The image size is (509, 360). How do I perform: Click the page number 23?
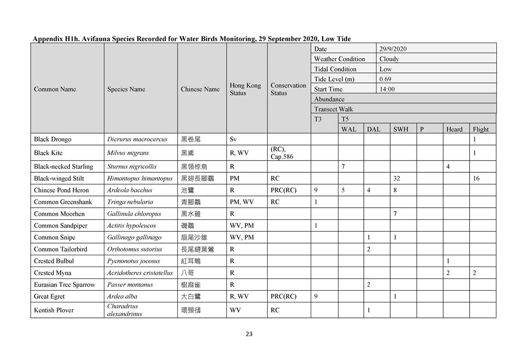(249, 334)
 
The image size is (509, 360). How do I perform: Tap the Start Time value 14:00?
(387, 89)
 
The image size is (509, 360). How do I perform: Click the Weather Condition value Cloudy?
(389, 59)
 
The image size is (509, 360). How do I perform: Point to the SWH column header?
(401, 129)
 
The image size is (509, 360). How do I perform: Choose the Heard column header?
(454, 129)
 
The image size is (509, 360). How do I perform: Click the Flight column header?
(481, 129)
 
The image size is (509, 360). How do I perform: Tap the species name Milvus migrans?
(128, 153)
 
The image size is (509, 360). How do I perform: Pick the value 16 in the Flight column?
(476, 178)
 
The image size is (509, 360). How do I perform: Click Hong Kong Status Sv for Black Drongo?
(233, 139)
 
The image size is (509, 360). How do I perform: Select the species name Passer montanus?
(130, 285)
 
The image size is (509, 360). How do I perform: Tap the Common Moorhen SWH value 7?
(395, 214)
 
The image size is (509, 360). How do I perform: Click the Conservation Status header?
(288, 89)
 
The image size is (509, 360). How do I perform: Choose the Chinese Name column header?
(200, 89)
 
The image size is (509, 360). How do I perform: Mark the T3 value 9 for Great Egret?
(316, 297)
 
